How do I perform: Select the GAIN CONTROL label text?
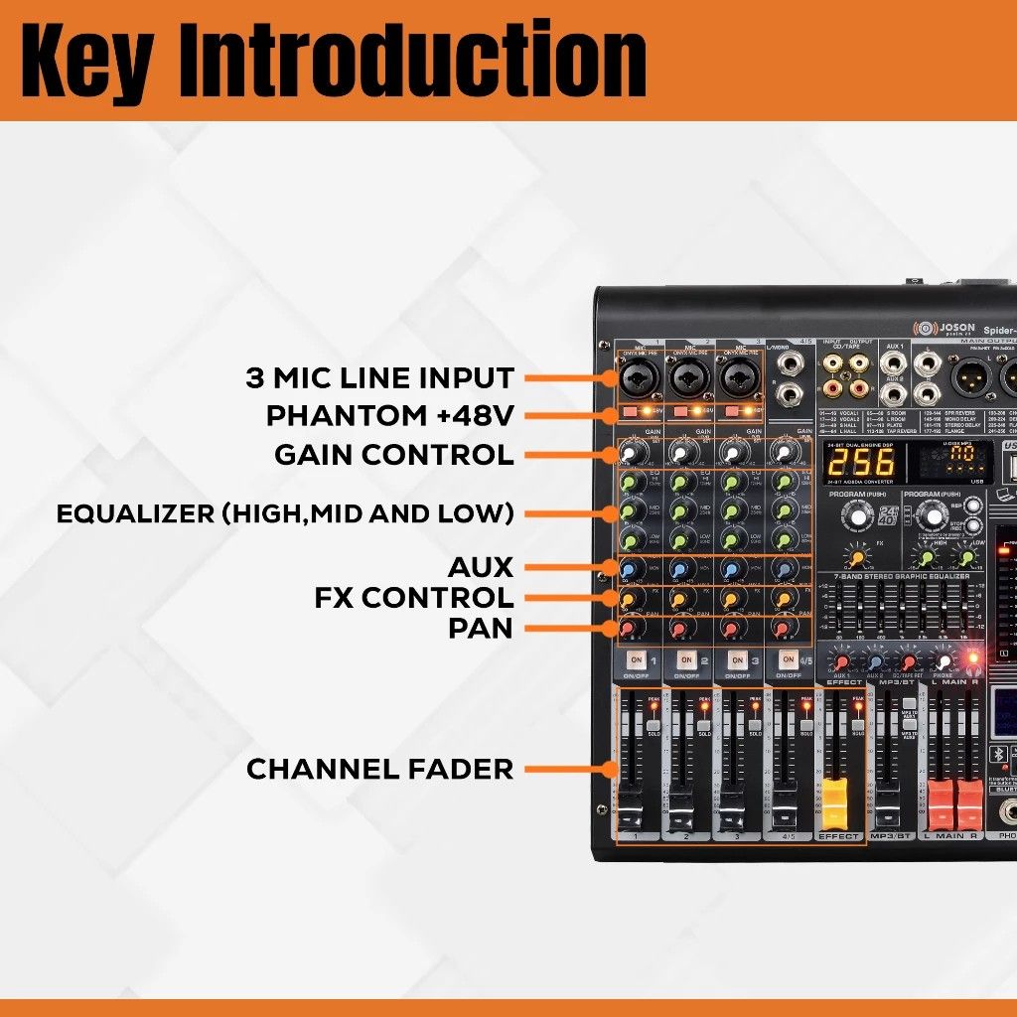[x=394, y=455]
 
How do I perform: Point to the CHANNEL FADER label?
[x=379, y=769]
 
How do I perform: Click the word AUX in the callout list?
[x=481, y=568]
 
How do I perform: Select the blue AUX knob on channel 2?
[x=681, y=569]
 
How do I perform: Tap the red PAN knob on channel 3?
[x=731, y=630]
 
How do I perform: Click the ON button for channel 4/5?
[x=789, y=659]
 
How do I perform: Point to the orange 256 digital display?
[x=860, y=461]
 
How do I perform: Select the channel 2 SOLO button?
[x=704, y=726]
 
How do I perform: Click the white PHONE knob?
[x=944, y=661]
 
